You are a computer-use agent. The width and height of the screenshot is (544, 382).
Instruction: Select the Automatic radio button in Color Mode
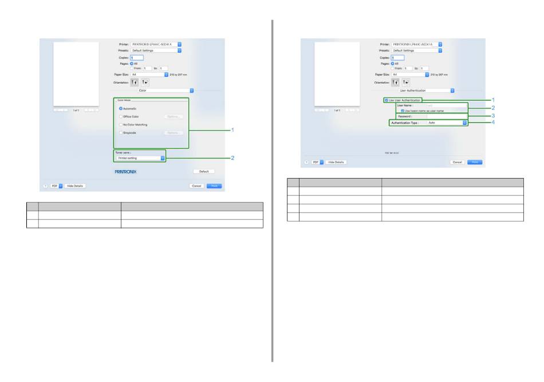click(121, 108)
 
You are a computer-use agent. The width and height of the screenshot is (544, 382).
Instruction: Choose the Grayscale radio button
click(121, 132)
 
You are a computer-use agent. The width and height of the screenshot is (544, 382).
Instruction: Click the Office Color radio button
click(121, 116)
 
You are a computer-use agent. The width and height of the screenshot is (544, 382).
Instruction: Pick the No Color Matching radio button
click(121, 124)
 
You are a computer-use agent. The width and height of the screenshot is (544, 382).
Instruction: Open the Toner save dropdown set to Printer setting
click(139, 158)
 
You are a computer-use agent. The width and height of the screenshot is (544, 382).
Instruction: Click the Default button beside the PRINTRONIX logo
click(203, 171)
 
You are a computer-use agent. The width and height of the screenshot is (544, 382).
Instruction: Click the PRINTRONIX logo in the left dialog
click(125, 171)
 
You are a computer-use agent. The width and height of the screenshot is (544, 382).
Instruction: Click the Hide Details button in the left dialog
click(74, 186)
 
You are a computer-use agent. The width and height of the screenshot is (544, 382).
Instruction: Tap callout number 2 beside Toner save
click(232, 157)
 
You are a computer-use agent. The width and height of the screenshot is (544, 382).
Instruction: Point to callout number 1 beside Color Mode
click(232, 130)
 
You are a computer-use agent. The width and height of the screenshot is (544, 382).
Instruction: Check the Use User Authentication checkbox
click(387, 100)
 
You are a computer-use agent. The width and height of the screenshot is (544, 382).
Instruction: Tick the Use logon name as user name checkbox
click(403, 111)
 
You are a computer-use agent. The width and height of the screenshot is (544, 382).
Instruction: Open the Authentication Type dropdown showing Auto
click(447, 123)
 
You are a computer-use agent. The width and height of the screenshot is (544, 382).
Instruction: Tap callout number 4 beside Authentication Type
click(493, 122)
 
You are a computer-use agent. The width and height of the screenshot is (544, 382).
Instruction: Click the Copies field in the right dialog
click(397, 58)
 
